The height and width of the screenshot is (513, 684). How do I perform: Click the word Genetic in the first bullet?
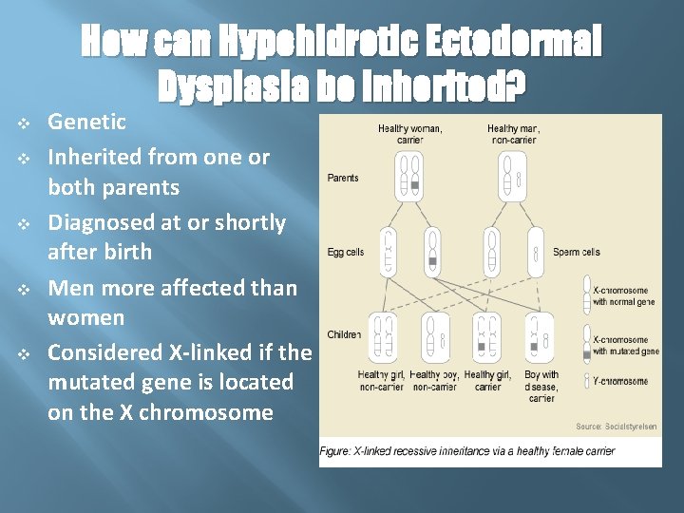pos(86,122)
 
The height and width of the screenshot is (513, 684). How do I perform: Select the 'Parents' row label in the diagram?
pos(343,178)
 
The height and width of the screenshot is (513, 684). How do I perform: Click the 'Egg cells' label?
pos(346,253)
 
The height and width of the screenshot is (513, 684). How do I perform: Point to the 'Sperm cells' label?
pos(577,253)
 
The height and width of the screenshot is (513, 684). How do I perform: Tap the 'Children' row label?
pos(344,334)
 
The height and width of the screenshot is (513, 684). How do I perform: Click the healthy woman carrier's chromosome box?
pos(408,180)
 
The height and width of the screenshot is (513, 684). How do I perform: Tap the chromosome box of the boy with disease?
pos(539,338)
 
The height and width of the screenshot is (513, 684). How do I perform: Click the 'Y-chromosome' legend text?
pos(620,381)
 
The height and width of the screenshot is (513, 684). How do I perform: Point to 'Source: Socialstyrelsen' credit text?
pos(616,427)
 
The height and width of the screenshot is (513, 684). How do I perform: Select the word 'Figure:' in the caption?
pos(334,451)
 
